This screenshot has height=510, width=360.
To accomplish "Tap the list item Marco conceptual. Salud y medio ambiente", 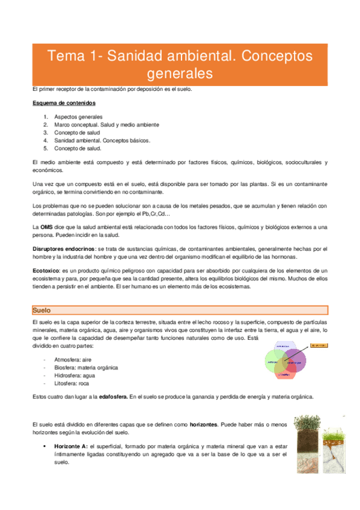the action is tap(106, 124).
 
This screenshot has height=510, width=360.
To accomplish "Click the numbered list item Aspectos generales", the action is tap(78, 117).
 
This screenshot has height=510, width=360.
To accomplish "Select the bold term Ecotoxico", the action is tap(46, 271).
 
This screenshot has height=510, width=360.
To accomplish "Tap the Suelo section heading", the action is tap(41, 310).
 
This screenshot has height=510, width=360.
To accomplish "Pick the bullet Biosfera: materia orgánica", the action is tap(86, 367).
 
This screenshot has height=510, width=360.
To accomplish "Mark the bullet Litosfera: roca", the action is tap(72, 382).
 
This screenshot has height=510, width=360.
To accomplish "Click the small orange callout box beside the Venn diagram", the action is tap(319, 345).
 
